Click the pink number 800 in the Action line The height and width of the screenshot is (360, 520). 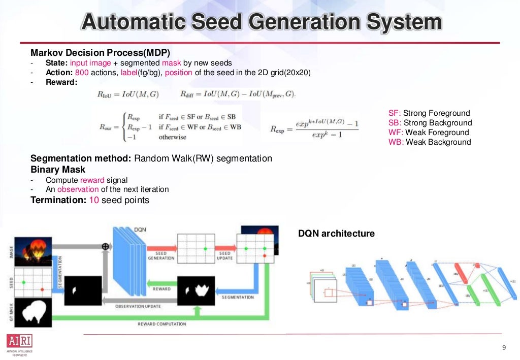82,73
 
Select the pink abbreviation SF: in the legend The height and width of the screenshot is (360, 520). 395,113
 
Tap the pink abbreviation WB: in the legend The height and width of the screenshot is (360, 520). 396,142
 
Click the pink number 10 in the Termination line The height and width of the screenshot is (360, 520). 94,200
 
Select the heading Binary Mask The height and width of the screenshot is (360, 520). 58,170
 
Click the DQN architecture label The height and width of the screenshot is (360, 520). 336,234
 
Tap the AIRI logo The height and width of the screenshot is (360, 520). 19,341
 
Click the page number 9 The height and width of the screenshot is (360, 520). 504,348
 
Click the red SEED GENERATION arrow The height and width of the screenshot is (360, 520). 161,248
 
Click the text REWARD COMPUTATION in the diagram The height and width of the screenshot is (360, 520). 162,324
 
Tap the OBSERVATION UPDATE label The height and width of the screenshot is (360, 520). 138,306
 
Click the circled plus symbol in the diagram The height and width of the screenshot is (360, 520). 106,246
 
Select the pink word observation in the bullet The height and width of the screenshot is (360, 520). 78,189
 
